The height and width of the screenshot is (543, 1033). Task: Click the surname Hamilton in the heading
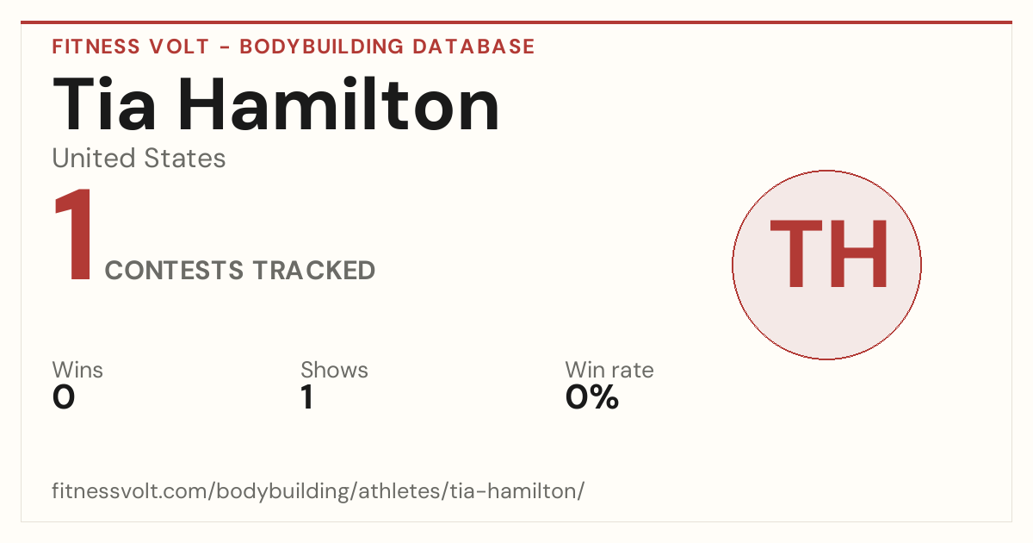[x=339, y=103]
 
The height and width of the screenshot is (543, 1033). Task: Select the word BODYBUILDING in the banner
[x=321, y=47]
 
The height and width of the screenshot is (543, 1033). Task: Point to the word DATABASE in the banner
[x=473, y=47]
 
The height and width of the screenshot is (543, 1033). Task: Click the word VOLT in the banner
[x=179, y=47]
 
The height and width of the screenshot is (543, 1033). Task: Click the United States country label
[x=139, y=158]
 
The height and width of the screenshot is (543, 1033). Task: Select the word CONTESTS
[x=174, y=270]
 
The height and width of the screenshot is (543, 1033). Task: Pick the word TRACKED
[x=314, y=270]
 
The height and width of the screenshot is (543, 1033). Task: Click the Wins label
[x=77, y=370]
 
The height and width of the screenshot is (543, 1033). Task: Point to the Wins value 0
[x=64, y=397]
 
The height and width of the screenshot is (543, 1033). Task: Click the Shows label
[x=334, y=370]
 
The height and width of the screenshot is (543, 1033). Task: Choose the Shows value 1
[x=307, y=397]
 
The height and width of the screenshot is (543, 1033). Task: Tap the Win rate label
[x=609, y=370]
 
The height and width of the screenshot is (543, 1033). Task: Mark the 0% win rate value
[x=592, y=397]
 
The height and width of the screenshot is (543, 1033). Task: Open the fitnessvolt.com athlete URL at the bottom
[x=319, y=490]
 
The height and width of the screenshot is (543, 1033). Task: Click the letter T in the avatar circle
[x=796, y=254]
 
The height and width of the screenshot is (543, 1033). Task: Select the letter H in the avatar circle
[x=859, y=254]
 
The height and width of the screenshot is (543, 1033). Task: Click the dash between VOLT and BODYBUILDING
[x=225, y=47]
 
